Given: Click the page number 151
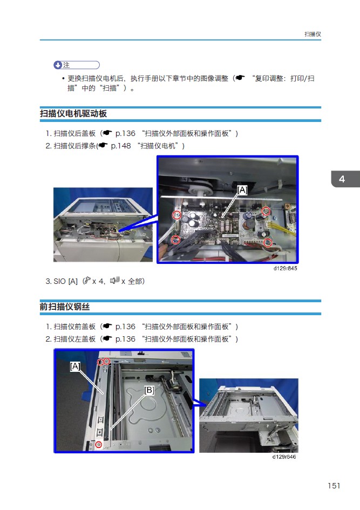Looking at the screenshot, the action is coord(334,486).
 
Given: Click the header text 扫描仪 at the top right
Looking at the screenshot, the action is coord(313,34).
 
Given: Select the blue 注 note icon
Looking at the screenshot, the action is coord(58,65).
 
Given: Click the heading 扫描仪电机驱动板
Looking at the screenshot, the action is coord(73,113).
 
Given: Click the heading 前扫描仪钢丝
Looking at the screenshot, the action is coord(65,307).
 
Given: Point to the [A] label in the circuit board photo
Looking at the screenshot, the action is coord(242,189).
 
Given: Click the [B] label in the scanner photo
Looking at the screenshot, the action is coord(149,390).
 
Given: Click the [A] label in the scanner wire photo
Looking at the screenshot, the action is coord(75,366).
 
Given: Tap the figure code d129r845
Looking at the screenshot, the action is coord(285,268).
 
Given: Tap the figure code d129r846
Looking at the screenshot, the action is coord(284,457).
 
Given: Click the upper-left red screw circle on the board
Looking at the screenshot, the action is coord(176,215).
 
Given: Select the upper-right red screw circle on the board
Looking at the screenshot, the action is coord(266,211).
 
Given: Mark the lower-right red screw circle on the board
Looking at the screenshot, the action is coord(268,242).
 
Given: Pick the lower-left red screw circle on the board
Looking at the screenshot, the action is coord(175,240).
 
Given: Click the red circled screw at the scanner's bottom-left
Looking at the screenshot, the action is coord(99,445).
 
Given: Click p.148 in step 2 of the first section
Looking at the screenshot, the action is coord(121,146).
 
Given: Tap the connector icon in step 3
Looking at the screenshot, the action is coord(114,280).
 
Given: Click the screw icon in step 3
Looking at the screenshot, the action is coord(87,281).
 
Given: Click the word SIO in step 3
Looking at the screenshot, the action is coord(59,281).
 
